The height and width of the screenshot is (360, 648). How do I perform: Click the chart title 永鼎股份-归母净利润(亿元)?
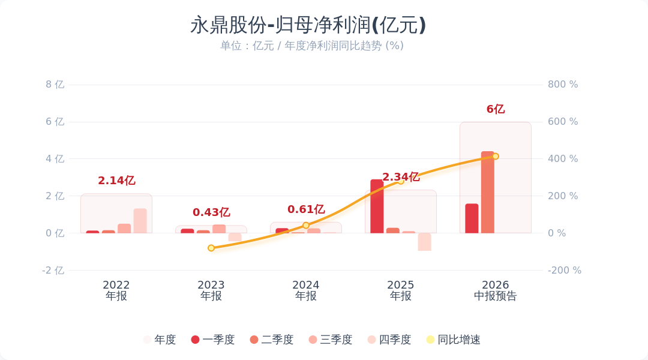308,25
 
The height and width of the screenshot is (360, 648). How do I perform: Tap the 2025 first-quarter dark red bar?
377,206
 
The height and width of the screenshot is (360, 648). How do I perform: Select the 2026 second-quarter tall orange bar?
488,192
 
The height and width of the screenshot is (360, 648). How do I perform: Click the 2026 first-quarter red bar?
472,218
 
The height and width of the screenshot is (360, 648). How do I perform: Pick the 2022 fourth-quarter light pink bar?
140,221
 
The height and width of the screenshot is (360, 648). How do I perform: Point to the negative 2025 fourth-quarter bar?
424,242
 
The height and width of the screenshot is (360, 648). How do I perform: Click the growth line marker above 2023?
211,248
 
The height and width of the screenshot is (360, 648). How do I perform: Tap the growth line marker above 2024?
306,225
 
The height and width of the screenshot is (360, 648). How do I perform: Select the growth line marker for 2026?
496,156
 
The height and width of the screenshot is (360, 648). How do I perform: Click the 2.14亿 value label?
116,181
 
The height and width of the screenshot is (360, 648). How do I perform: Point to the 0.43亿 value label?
211,212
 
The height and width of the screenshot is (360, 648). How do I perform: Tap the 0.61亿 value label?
306,209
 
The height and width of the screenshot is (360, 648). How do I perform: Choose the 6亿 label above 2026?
496,109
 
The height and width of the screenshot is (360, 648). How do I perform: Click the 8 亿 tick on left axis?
55,85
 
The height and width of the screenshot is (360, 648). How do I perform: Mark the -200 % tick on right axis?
565,271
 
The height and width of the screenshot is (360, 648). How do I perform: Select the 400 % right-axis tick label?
563,159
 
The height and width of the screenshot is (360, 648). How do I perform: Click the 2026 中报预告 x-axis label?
496,290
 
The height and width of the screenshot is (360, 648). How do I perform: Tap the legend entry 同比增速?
454,340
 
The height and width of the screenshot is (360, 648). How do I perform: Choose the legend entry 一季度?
213,340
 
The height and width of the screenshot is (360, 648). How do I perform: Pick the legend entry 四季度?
389,340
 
